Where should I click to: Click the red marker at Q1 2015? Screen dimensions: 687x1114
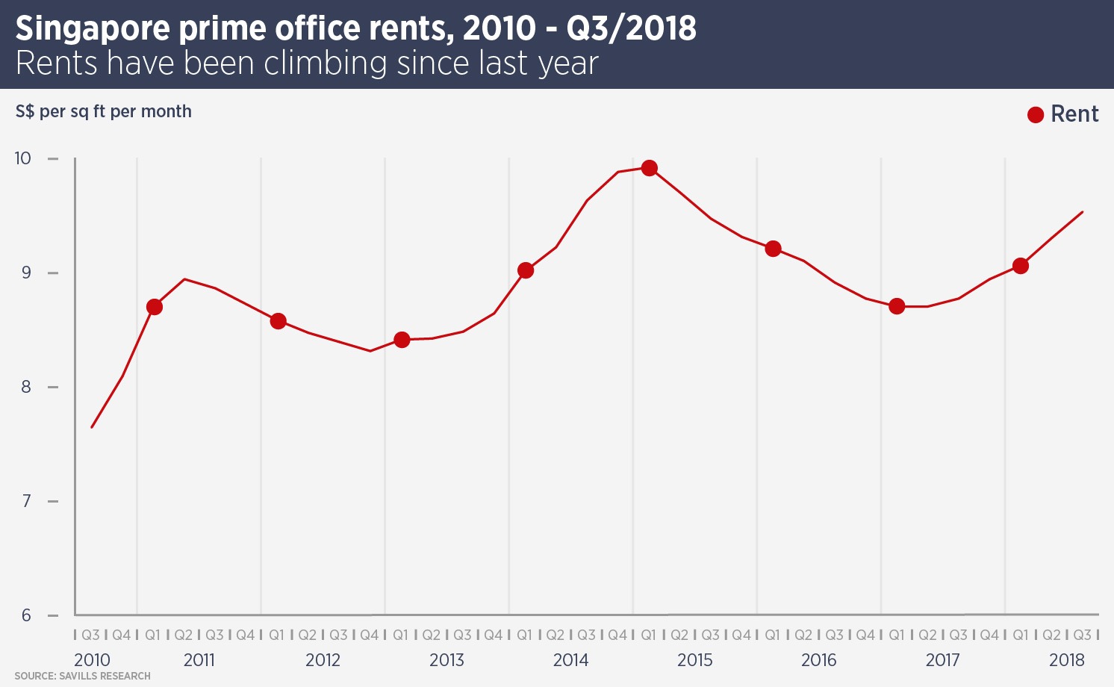(x=650, y=168)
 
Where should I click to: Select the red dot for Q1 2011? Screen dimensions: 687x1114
(x=155, y=307)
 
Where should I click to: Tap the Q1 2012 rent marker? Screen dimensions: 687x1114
(x=278, y=321)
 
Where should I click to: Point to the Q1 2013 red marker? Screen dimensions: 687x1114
(x=402, y=340)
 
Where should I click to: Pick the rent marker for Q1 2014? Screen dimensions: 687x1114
(x=526, y=270)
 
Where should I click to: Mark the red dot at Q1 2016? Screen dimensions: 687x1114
(x=774, y=249)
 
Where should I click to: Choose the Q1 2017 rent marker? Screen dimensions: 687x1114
(x=897, y=306)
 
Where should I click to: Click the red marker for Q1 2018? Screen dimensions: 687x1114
(x=1021, y=266)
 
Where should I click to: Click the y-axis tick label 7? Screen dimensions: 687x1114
(x=27, y=501)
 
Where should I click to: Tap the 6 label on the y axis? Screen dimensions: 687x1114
(x=27, y=615)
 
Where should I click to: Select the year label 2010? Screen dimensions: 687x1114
(x=92, y=660)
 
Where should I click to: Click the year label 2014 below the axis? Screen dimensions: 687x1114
(x=571, y=660)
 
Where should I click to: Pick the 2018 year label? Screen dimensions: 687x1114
(x=1067, y=660)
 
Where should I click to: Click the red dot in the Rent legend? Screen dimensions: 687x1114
(x=1036, y=115)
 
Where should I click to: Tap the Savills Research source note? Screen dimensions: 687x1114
(x=83, y=677)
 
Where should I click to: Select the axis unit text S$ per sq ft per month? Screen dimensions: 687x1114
(x=104, y=112)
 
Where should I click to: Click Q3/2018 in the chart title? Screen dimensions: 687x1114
(x=632, y=29)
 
